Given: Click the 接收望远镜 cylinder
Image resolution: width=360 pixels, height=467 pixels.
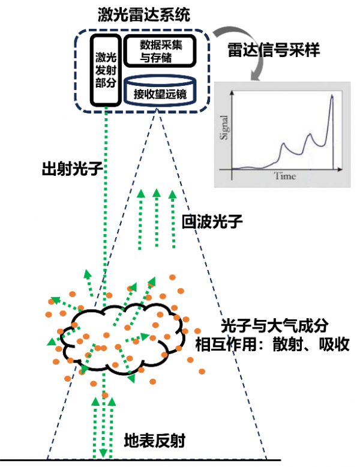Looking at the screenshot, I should click(160, 93).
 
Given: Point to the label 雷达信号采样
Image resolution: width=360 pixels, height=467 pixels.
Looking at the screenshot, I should click(274, 50).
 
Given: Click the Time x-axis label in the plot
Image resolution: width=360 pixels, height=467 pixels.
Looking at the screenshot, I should click(285, 176).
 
